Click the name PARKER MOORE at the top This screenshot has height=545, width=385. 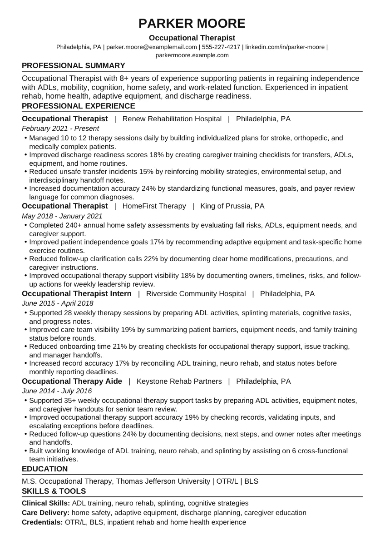pos(192,23)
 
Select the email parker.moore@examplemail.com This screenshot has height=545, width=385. pos(152,47)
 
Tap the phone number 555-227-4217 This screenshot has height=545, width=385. pos(221,47)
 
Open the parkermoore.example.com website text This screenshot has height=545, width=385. pos(192,55)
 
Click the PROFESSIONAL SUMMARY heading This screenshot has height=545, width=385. pos(74,65)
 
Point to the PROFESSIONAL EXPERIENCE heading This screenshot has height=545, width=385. pos(79,106)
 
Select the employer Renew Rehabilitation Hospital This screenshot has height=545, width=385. pos(172,119)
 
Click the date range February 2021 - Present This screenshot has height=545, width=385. pos(60,129)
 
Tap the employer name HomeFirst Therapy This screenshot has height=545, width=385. pos(154,206)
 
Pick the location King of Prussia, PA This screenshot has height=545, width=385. pos(232,206)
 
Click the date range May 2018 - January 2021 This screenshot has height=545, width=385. pos(62,216)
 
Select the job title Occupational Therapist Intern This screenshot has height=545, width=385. pos(77,294)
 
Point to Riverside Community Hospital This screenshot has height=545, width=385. pos(196,294)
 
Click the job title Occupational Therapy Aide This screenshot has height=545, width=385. pos(72,381)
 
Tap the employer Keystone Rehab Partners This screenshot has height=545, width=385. pos(179,381)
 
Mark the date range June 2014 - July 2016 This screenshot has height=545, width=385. pos(57,391)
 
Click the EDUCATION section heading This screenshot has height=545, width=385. pos(45,469)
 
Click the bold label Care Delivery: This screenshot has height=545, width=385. pos(45,513)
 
